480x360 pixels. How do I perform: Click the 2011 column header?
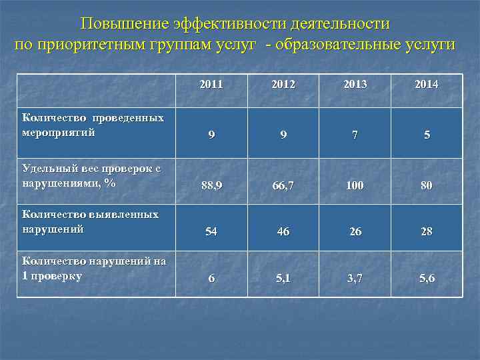click(x=211, y=85)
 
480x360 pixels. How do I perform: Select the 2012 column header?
click(x=283, y=85)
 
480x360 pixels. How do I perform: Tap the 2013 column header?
click(x=355, y=85)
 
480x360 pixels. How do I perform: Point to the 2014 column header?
click(x=426, y=85)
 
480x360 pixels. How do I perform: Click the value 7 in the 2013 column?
click(x=355, y=135)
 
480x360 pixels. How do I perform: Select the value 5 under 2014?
click(x=427, y=135)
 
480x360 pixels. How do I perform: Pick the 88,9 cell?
click(x=211, y=185)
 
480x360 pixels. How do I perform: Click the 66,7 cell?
click(x=283, y=185)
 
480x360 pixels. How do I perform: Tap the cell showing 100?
click(x=355, y=185)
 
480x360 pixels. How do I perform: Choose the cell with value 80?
click(x=427, y=185)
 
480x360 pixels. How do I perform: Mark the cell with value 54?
click(x=211, y=231)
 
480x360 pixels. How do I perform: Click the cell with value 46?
click(x=283, y=231)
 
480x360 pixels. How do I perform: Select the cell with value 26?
click(x=355, y=231)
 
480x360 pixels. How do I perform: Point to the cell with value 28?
click(x=427, y=231)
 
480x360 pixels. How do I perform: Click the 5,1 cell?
click(x=283, y=278)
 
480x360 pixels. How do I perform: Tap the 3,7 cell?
click(x=355, y=278)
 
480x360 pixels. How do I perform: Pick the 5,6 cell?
click(x=427, y=278)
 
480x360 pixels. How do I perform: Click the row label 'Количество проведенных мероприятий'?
click(x=93, y=125)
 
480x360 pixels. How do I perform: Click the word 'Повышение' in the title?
click(x=125, y=23)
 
